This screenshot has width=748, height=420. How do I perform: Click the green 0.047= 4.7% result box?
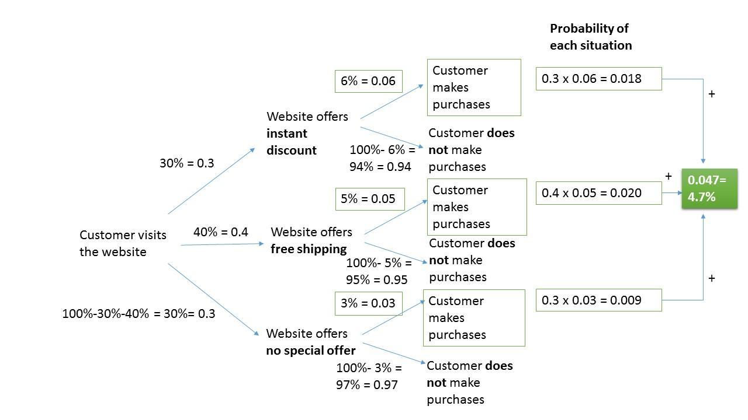coord(709,188)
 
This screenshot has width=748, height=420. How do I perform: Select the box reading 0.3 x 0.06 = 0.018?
coord(598,79)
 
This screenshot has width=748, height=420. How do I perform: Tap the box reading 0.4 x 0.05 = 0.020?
coord(598,193)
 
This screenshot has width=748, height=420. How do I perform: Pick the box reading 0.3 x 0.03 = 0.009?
coord(598,300)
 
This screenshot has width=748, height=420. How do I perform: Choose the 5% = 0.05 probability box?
coord(369,199)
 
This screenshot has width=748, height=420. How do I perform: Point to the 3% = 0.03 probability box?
coord(369,303)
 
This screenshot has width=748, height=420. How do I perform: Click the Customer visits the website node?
coord(123,243)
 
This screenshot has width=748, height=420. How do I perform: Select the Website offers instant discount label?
coord(307,133)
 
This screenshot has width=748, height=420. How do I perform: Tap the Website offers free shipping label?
coord(311,240)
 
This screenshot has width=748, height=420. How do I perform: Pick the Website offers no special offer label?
coord(310,342)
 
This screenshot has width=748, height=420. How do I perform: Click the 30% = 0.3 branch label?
coord(186,163)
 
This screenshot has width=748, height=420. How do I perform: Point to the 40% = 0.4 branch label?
coord(220,232)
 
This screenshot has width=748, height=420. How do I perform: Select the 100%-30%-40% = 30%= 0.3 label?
coord(138,314)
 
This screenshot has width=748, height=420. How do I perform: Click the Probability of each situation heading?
coord(590,37)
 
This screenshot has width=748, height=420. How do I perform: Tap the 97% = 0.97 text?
coord(366,385)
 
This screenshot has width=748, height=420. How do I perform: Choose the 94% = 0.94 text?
coord(380,167)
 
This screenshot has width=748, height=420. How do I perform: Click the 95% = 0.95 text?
coord(376,279)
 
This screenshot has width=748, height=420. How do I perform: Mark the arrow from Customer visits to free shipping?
coord(222,244)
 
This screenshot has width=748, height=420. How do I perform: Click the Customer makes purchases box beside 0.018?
coord(473,87)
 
